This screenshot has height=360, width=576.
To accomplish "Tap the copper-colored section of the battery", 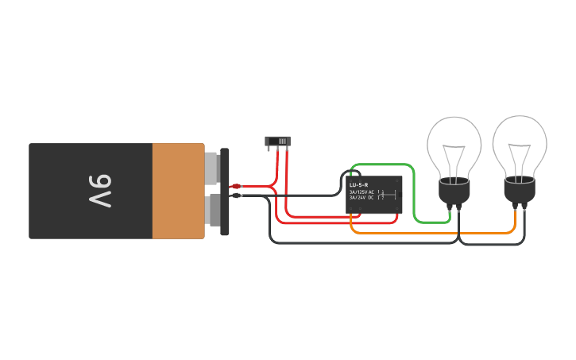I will (178, 191).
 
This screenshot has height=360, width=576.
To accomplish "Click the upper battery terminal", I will (211, 167).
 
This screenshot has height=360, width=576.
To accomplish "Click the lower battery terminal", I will (213, 209).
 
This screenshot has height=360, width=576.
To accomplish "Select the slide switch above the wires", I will (277, 141).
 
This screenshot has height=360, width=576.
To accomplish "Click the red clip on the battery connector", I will (236, 186).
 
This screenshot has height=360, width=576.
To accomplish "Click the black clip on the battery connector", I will (236, 195).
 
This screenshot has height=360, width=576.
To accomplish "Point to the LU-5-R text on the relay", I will (358, 184).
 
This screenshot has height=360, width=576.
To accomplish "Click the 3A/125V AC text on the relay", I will (361, 192).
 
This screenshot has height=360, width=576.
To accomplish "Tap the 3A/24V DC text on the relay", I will (361, 197).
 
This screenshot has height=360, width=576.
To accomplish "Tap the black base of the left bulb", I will (454, 191).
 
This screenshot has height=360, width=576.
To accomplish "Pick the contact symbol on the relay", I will (382, 195).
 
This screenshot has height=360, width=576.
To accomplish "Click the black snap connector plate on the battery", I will (225, 191).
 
